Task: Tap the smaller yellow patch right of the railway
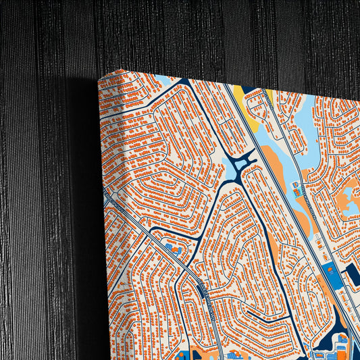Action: (x=269, y=94)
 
